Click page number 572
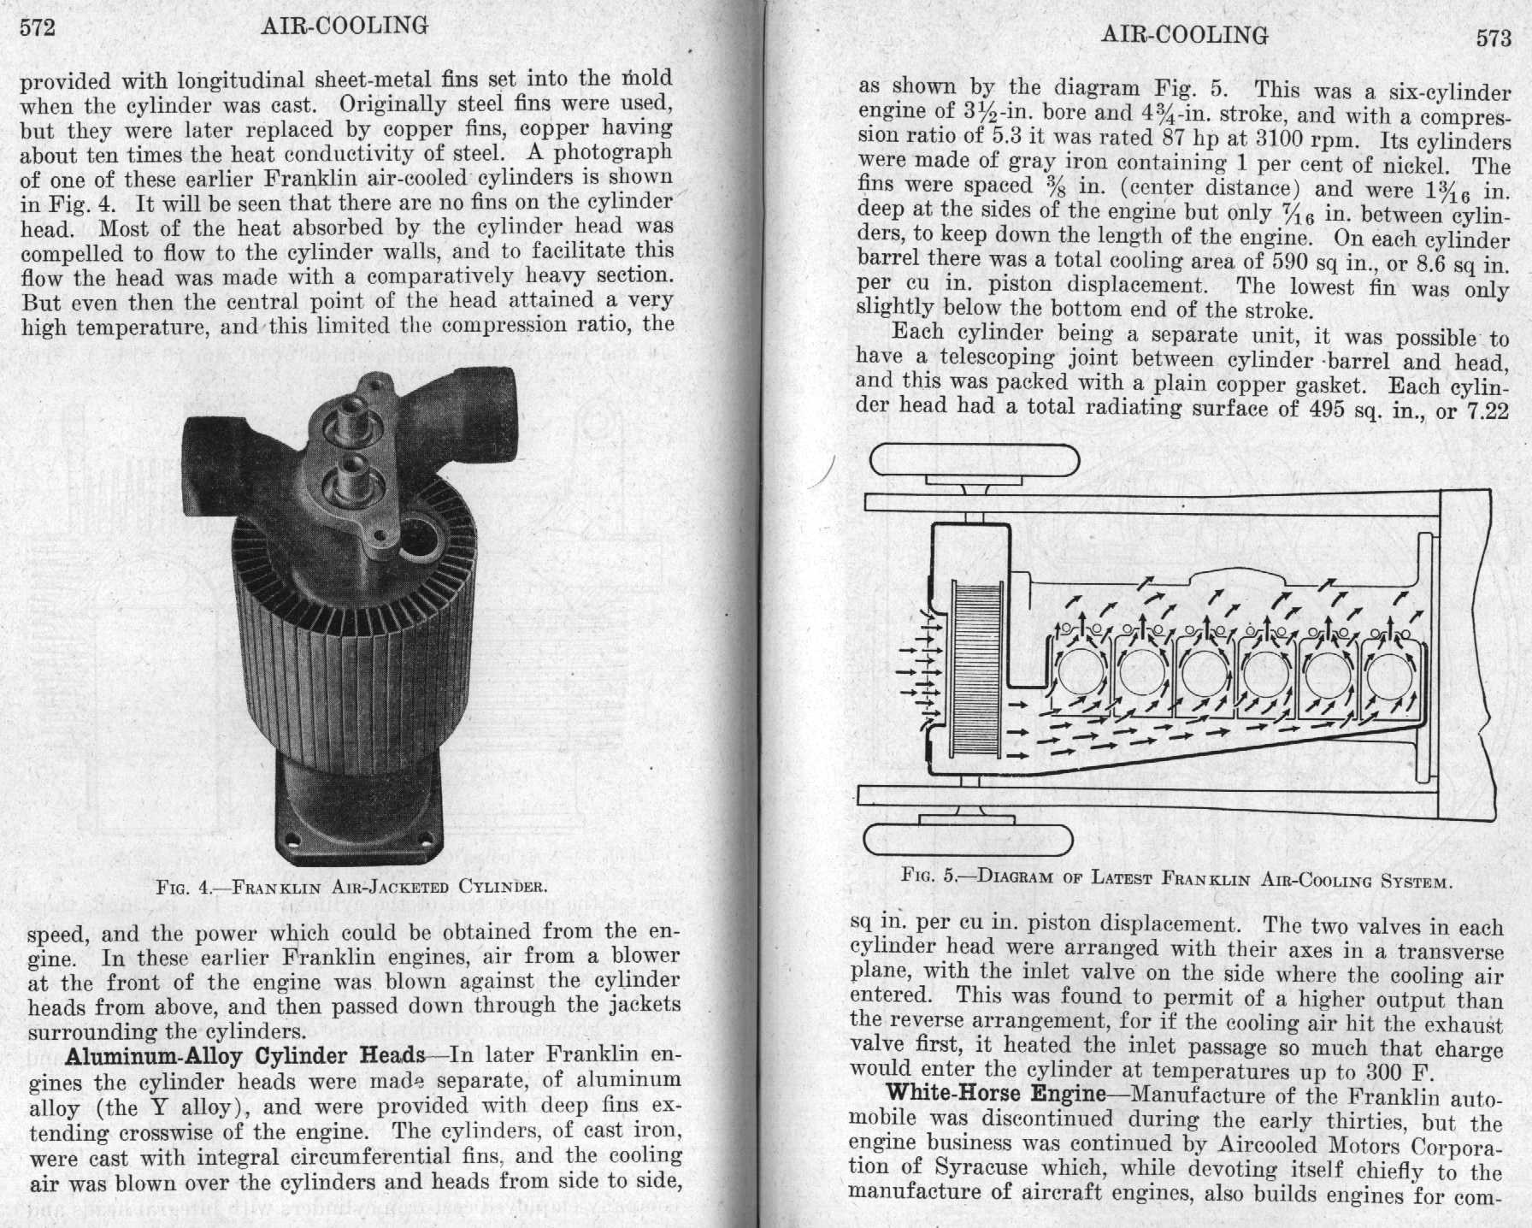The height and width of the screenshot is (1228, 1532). [37, 27]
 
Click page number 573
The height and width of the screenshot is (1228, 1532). [1493, 39]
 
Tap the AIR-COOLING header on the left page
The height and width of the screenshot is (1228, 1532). [345, 26]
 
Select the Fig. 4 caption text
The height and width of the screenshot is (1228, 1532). [351, 886]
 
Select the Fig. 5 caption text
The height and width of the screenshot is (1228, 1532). [1176, 878]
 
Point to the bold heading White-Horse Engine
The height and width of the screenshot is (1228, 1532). [996, 1093]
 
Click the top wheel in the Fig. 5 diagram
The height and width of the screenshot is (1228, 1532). [975, 463]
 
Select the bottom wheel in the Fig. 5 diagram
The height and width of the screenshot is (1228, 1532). [969, 840]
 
